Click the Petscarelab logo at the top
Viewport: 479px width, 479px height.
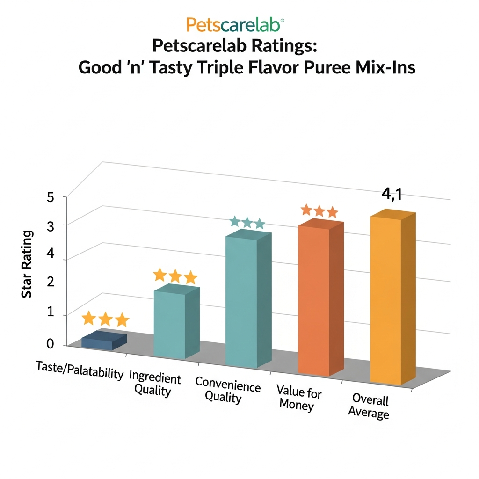[235, 24]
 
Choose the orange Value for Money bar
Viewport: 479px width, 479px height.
[314, 299]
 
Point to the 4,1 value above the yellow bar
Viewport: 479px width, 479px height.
[392, 194]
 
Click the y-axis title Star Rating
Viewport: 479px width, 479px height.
[27, 264]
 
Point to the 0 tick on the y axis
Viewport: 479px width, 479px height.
[51, 344]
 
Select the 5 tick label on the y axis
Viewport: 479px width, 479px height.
[51, 197]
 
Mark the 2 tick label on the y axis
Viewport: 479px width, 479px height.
[51, 282]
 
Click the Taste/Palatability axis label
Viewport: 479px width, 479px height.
[80, 370]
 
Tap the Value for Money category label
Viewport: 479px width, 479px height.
[298, 398]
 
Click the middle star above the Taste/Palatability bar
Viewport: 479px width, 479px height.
[105, 319]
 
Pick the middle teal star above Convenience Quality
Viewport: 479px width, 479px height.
[247, 222]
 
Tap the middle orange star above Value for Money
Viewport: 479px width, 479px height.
[319, 211]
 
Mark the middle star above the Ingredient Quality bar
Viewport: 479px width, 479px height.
[175, 276]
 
